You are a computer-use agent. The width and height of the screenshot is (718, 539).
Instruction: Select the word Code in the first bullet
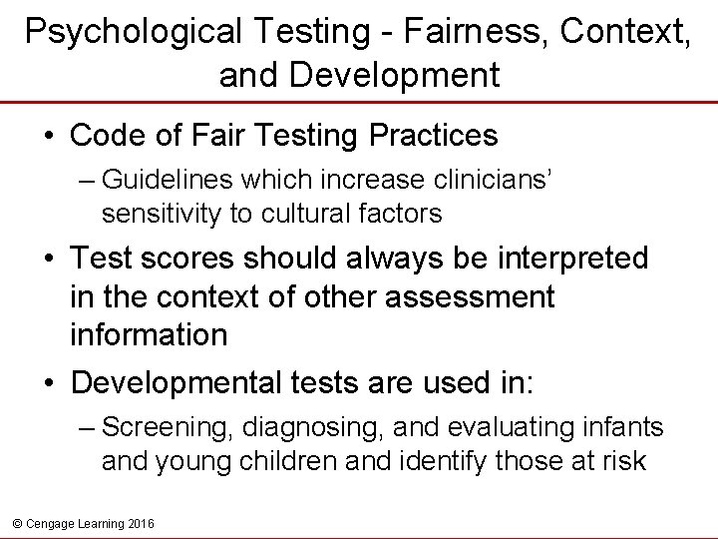(x=102, y=135)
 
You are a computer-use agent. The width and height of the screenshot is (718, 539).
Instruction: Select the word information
(x=149, y=334)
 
